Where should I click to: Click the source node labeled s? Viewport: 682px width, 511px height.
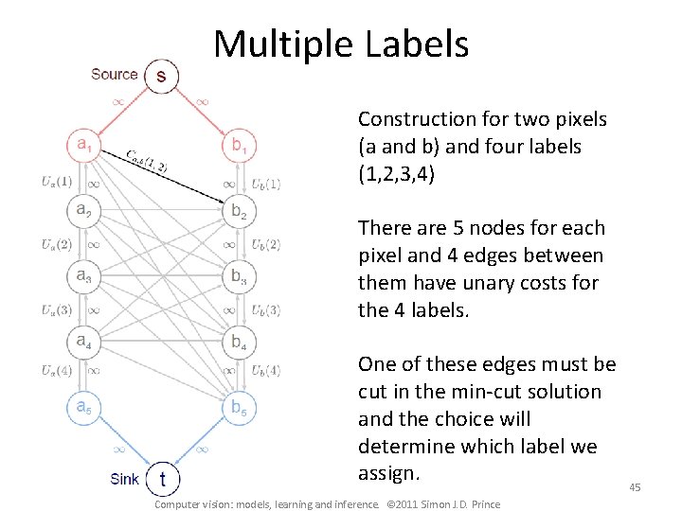point(160,76)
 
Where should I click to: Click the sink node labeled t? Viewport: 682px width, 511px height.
point(162,479)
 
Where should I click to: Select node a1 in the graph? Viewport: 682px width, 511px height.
point(83,145)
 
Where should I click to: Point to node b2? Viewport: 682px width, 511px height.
point(238,211)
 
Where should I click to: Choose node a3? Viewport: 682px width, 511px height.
point(83,275)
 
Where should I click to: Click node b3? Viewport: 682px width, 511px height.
point(238,276)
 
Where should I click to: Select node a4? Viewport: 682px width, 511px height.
point(83,340)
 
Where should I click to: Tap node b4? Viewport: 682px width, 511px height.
point(238,342)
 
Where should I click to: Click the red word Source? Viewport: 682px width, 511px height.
point(114,74)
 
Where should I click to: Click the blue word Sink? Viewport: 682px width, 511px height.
point(124,479)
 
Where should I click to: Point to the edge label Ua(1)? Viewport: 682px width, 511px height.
point(57,181)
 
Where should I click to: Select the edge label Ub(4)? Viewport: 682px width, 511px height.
point(265,371)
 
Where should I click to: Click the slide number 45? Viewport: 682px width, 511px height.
point(635,486)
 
